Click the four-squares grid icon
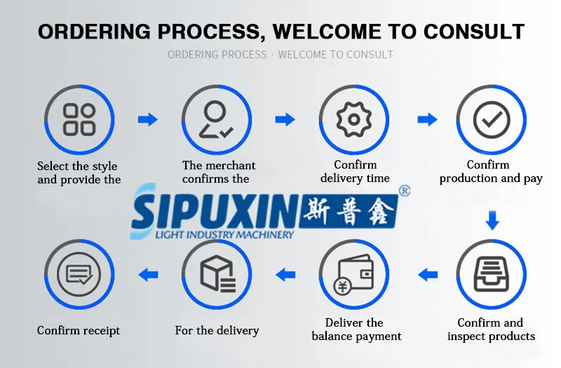(x=79, y=119)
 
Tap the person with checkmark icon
(x=216, y=119)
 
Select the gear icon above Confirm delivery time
(x=353, y=119)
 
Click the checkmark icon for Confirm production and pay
(x=491, y=119)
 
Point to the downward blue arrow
(x=492, y=222)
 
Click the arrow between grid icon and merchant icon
(x=147, y=119)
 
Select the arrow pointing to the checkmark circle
(x=427, y=119)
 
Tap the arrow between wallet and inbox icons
(x=427, y=274)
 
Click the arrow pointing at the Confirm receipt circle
(x=147, y=274)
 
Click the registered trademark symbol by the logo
(x=404, y=190)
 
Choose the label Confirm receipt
(x=79, y=330)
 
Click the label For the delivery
(x=217, y=330)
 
